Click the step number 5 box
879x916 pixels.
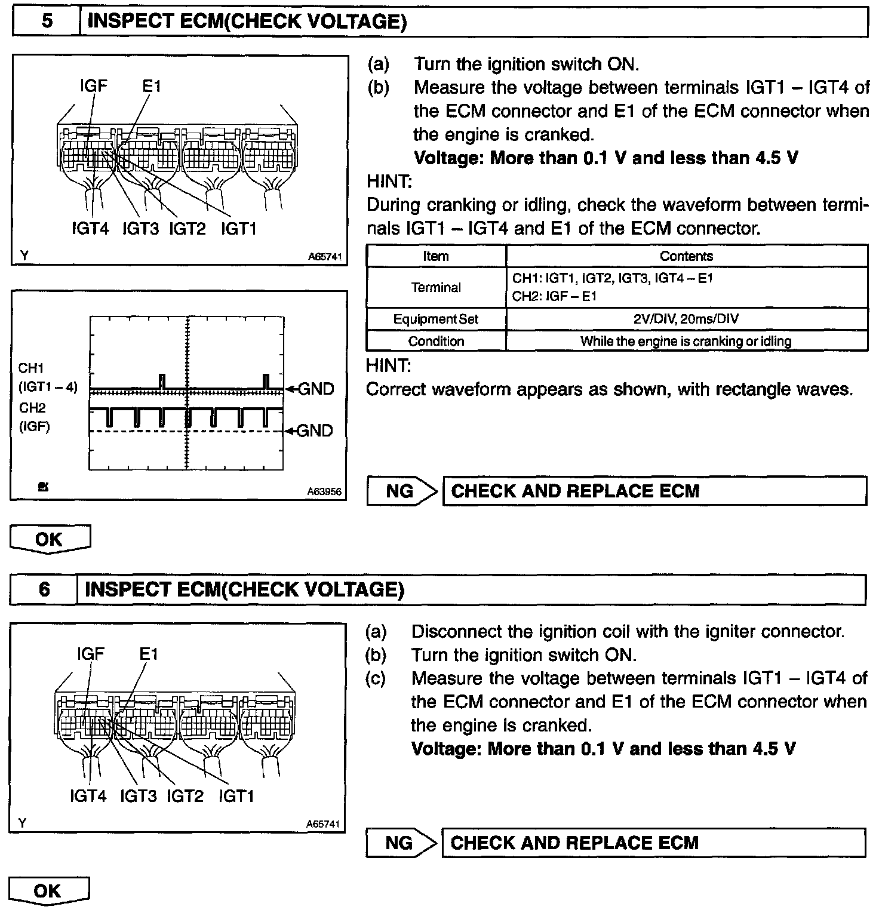pos(47,22)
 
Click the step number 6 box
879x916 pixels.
pos(44,590)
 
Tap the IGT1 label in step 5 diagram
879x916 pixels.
pos(238,229)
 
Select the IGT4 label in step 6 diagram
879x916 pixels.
pos(88,796)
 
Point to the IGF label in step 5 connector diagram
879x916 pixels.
pos(94,86)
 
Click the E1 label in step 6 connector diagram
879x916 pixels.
pos(149,654)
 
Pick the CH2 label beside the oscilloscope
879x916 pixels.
pos(32,408)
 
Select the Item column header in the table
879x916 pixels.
pos(435,256)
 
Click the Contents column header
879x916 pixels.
pos(686,256)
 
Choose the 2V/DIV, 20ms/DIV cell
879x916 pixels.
pos(686,319)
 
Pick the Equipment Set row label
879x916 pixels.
pos(435,319)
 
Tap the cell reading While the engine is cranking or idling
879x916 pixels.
pos(686,341)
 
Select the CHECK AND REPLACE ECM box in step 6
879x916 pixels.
pos(653,843)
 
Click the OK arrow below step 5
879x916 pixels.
pos(50,539)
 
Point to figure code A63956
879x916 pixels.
pos(324,491)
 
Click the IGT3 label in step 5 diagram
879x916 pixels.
pos(140,229)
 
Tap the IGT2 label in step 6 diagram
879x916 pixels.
pos(185,796)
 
